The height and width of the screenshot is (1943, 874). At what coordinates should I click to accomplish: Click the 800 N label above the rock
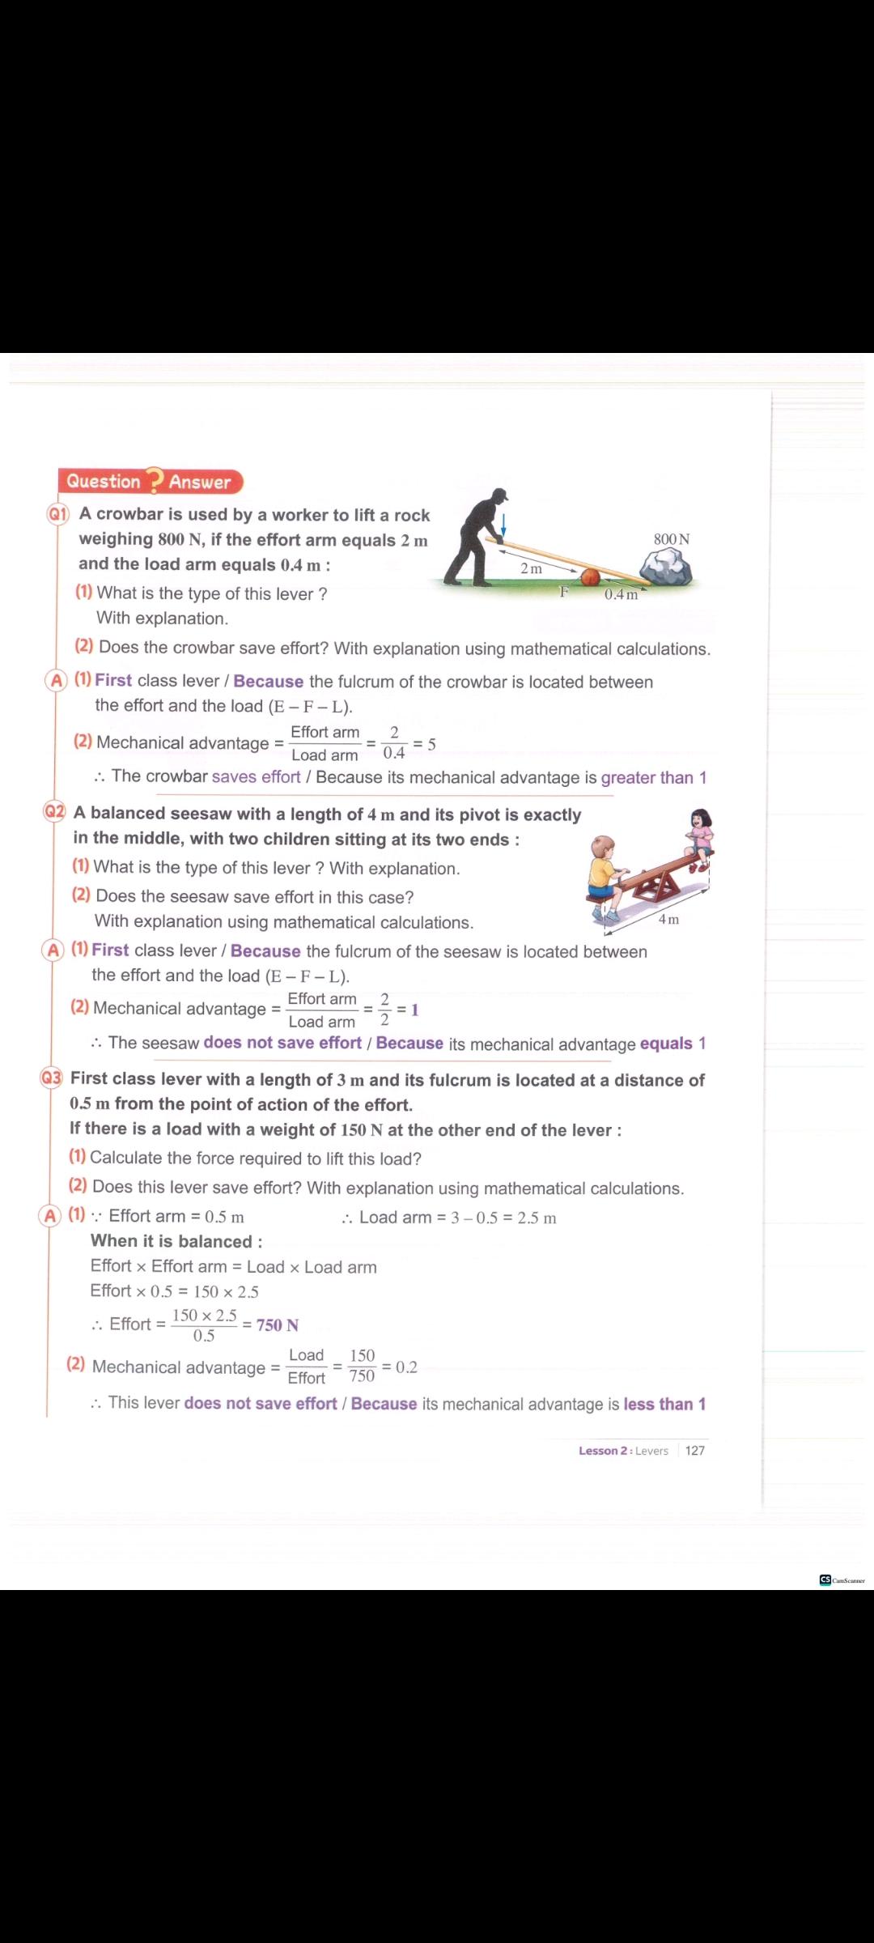coord(672,539)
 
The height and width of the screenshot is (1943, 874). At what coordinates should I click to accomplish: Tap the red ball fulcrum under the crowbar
coord(590,576)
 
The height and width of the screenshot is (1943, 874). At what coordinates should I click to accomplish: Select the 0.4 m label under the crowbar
coord(621,595)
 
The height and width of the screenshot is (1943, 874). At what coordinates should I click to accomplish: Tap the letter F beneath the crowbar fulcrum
coord(564,592)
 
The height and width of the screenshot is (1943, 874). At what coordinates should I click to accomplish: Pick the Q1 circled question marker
coord(57,515)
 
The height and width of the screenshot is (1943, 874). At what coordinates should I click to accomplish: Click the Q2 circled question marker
coord(54,812)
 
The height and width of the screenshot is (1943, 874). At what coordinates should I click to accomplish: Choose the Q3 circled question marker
coord(51,1078)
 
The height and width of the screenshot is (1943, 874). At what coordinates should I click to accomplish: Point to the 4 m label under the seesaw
coord(668,919)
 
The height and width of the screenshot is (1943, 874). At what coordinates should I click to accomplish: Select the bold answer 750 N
coord(278,1325)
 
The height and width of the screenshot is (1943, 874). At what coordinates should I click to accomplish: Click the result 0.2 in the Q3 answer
coord(406,1367)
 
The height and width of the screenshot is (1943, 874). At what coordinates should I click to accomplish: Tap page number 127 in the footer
coord(694,1451)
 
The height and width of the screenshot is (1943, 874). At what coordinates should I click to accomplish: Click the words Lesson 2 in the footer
coord(603,1451)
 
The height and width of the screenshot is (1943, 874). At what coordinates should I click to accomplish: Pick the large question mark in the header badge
coord(153,480)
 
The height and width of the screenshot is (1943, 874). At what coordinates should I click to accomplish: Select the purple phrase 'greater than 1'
coord(653,778)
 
